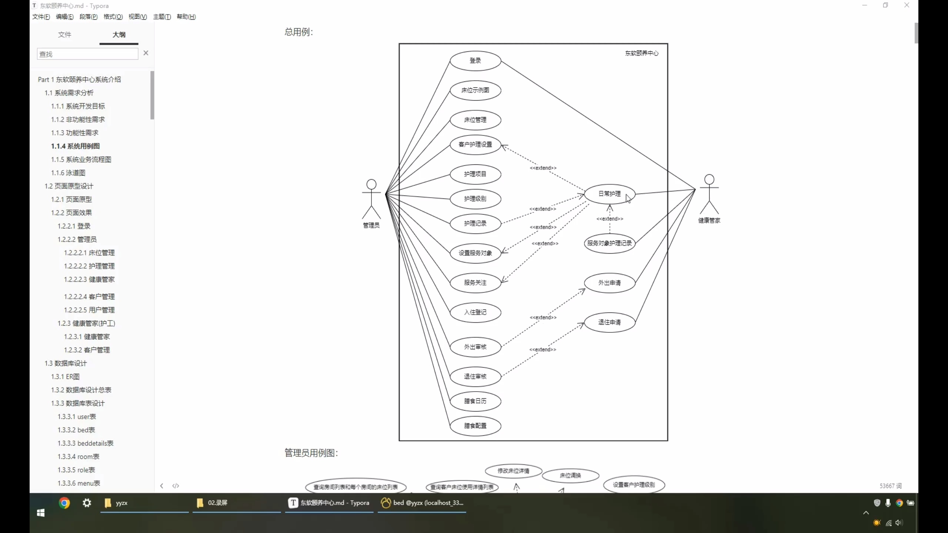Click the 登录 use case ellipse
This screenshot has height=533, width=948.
(475, 61)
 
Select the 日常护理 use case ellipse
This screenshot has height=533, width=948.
(609, 194)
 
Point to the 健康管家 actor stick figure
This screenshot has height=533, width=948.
(709, 194)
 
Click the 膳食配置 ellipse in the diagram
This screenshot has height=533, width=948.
(475, 426)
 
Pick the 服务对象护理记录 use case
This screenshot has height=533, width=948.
(609, 244)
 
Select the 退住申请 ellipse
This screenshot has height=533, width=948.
(609, 322)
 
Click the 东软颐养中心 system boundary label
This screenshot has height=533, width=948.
(642, 53)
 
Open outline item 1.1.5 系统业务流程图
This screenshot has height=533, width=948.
(81, 160)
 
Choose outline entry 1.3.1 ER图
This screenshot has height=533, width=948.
(65, 377)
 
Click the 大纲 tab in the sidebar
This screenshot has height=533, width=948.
(119, 35)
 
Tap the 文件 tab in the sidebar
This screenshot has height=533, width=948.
(64, 35)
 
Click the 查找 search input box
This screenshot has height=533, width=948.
(87, 54)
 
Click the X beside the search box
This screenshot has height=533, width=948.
(146, 53)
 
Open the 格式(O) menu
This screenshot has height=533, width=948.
(113, 17)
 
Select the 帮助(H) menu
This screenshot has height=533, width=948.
(186, 17)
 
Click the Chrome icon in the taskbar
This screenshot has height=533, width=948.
(64, 503)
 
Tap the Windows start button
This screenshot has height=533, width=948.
(41, 513)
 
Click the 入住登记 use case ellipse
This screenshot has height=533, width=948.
(475, 312)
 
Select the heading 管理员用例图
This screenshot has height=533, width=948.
(311, 453)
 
